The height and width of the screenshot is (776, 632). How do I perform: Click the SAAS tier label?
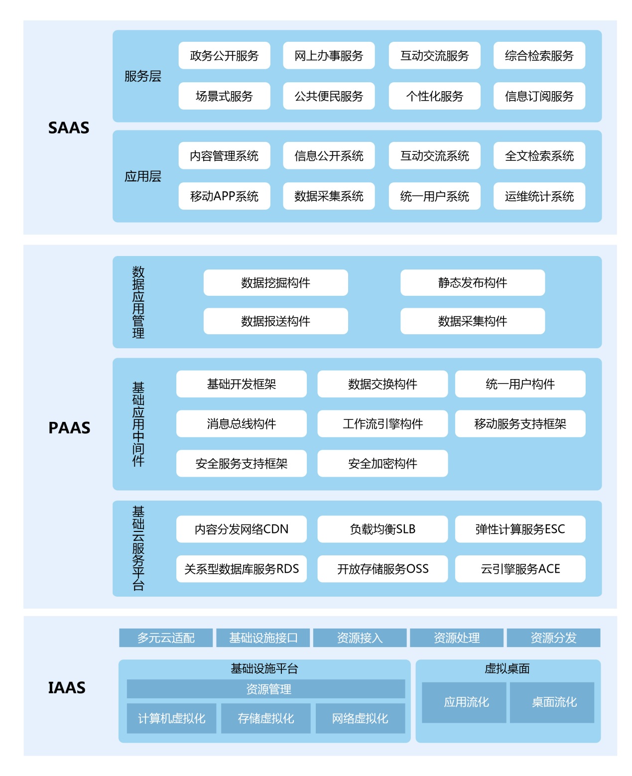(x=69, y=128)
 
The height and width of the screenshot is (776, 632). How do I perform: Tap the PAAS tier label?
(x=69, y=427)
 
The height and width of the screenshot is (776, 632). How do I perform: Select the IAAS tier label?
(x=67, y=687)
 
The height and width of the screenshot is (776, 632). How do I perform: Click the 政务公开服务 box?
(x=224, y=55)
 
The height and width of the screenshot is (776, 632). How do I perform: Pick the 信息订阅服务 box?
(x=539, y=96)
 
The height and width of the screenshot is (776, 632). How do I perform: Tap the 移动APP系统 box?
(x=224, y=196)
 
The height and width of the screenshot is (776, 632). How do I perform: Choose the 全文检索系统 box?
(x=539, y=155)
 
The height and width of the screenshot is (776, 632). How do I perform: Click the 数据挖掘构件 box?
(x=276, y=283)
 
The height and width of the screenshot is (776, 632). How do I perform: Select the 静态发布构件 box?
(x=473, y=283)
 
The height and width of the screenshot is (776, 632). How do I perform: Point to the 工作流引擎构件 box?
(x=382, y=424)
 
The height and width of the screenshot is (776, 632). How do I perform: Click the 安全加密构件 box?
(x=382, y=463)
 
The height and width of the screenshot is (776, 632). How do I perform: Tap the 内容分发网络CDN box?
(x=242, y=529)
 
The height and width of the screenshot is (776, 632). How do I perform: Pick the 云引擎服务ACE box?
(x=520, y=569)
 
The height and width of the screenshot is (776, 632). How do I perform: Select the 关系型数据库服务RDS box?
(x=242, y=569)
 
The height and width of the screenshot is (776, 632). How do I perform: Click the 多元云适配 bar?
(x=166, y=638)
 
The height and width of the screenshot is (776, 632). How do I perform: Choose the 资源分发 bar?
(x=553, y=638)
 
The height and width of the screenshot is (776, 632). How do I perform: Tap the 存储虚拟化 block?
(x=266, y=718)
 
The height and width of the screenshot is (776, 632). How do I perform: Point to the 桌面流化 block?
(x=552, y=702)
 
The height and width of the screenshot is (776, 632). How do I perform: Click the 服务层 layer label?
(x=143, y=76)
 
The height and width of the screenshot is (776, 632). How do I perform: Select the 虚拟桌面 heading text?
(x=507, y=668)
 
